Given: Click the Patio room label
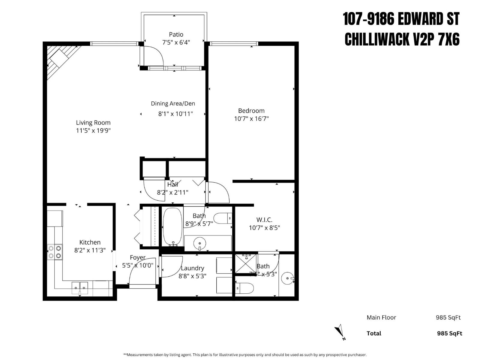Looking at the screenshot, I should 176,34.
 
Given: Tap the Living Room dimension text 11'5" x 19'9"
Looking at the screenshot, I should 93,130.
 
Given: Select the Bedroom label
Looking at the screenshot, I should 251,111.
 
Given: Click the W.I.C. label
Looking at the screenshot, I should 264,220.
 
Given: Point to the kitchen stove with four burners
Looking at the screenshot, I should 55,252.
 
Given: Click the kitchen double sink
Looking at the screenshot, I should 80,288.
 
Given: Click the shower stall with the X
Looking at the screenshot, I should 246,264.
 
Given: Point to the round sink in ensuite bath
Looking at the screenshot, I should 288,278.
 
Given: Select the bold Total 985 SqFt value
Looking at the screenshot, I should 449,333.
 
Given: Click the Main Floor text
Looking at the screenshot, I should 381,317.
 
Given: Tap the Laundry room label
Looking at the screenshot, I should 192,268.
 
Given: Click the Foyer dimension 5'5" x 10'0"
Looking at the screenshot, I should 138,265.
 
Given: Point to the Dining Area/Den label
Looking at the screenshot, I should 173,103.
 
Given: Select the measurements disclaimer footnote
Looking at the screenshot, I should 245,355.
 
